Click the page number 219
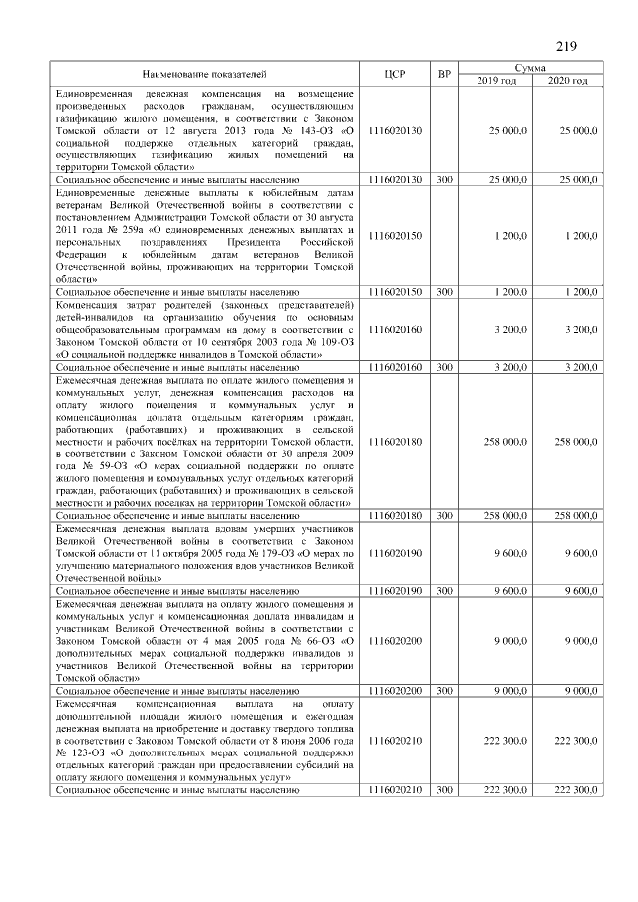click(x=566, y=46)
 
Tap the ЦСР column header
click(x=395, y=76)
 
